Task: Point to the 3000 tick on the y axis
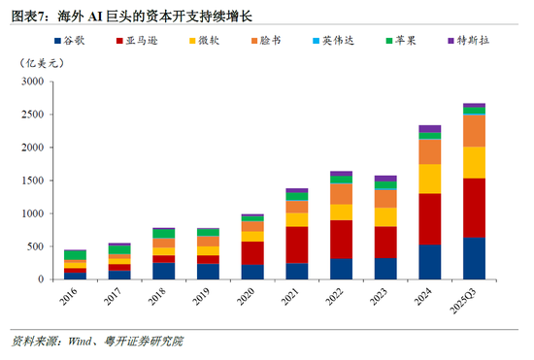click(x=33, y=82)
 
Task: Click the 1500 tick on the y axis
click(x=33, y=180)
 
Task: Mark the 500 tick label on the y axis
click(x=36, y=246)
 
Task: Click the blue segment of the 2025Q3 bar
click(x=475, y=258)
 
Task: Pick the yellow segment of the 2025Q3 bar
click(x=475, y=162)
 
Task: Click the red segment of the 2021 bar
click(x=297, y=245)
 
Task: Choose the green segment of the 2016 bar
click(x=75, y=254)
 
